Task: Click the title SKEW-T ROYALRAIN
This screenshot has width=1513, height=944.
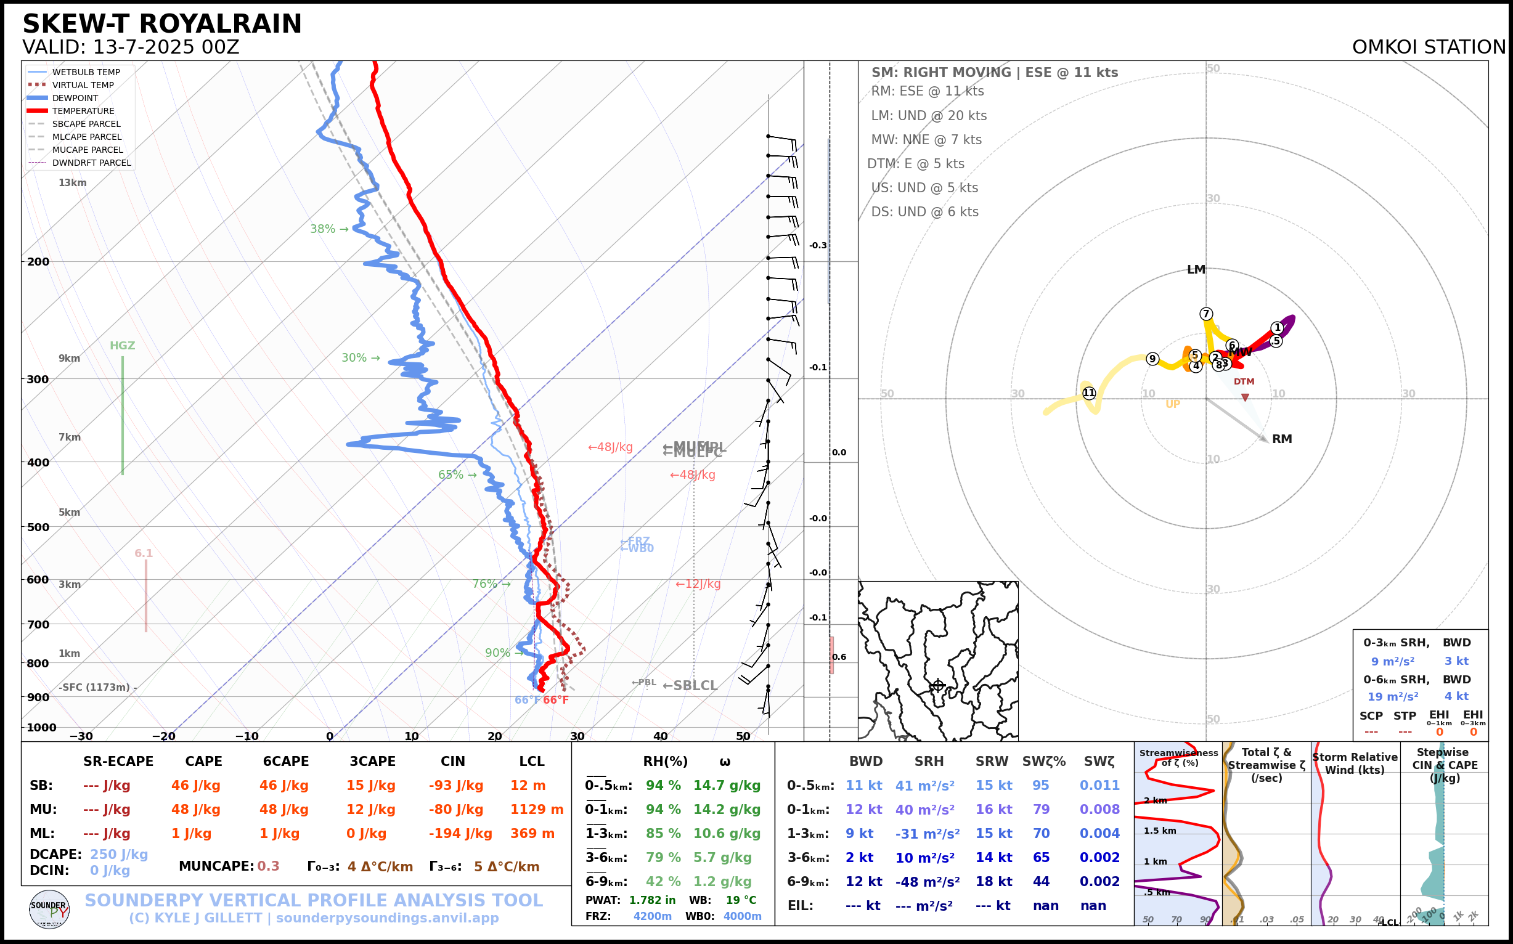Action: (x=161, y=25)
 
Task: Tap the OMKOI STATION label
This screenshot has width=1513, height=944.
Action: (x=1428, y=47)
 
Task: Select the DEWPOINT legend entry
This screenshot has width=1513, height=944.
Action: (x=75, y=98)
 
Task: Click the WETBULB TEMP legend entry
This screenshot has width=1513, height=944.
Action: (x=86, y=73)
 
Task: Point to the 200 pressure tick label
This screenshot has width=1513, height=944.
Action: (x=38, y=262)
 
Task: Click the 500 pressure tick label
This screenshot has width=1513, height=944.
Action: (x=38, y=527)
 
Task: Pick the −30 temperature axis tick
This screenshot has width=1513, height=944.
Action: (x=81, y=737)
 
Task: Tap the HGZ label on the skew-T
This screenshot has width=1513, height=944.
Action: (x=123, y=346)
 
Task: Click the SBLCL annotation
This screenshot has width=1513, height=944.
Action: (x=690, y=686)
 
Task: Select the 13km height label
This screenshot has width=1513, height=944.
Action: (x=73, y=183)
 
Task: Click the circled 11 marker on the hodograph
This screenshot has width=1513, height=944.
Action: (x=1089, y=393)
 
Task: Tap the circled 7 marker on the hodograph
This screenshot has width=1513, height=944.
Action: (x=1207, y=314)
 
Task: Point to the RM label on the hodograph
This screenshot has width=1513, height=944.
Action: (x=1282, y=439)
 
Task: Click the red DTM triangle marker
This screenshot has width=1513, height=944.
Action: (x=1245, y=397)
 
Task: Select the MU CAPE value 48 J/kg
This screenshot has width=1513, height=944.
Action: (x=196, y=810)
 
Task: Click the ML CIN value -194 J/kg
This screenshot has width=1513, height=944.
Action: (x=460, y=834)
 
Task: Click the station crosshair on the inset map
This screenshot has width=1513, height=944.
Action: (x=938, y=686)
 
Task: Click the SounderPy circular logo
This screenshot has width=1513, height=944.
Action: (x=49, y=909)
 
